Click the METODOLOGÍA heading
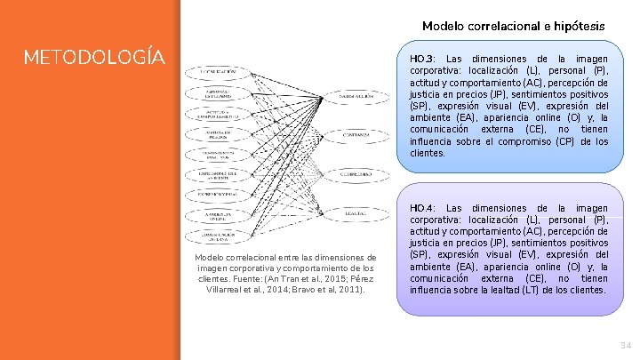pos(94,58)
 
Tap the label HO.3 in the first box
pos(422,58)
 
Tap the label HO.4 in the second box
pos(422,208)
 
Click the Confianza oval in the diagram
pos(359,135)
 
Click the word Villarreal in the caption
pos(230,289)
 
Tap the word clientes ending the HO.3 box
pos(428,153)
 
